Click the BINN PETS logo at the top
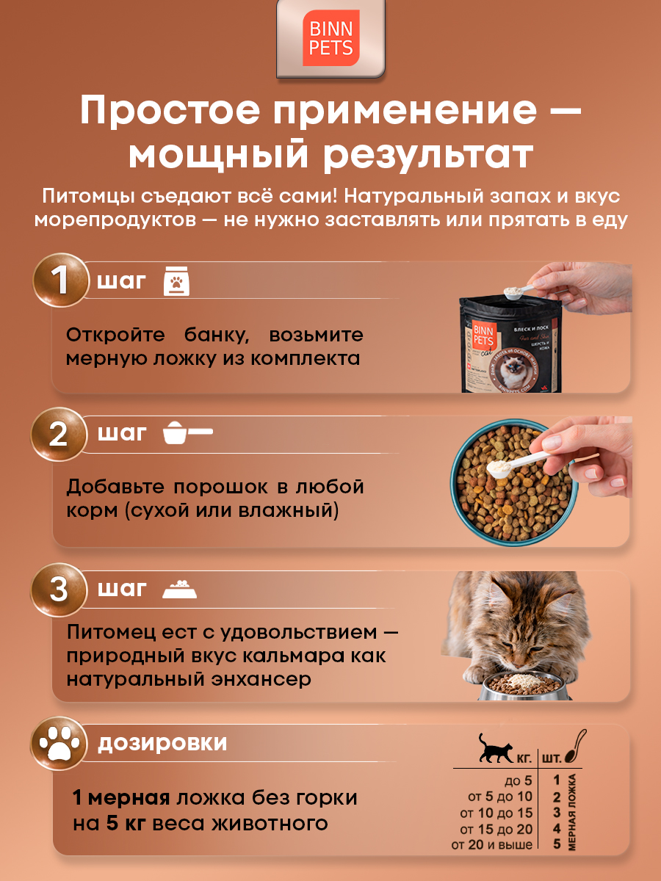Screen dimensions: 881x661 pos(330,40)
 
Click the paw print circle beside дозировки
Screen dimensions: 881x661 pos(59,744)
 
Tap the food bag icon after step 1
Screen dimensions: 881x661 pos(176,281)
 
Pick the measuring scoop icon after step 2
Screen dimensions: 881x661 pos(186,433)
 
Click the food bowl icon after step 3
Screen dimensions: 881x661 pos(179,589)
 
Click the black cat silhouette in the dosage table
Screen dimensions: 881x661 pos(494,748)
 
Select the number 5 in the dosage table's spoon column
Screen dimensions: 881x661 pos(557,844)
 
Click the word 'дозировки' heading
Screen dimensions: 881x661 pos(162,743)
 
